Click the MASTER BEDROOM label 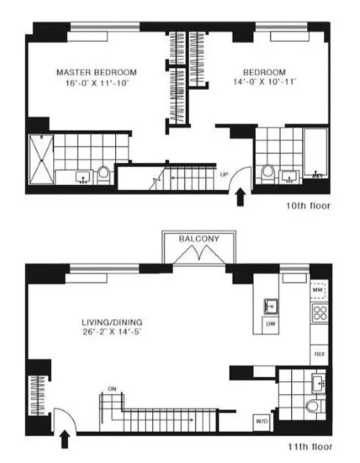pyautogui.click(x=96, y=72)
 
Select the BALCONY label pyautogui.click(x=199, y=238)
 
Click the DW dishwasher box pyautogui.click(x=270, y=325)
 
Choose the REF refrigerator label pyautogui.click(x=318, y=352)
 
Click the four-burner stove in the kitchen pyautogui.click(x=319, y=313)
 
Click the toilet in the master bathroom pyautogui.click(x=104, y=173)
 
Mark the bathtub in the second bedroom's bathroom pyautogui.click(x=316, y=153)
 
